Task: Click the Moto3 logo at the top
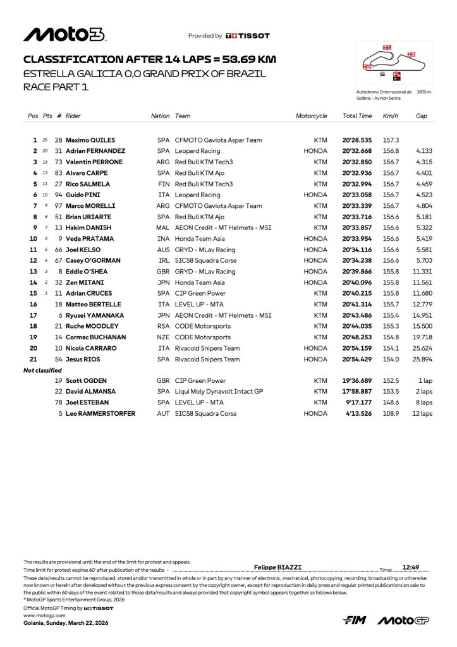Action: [64, 35]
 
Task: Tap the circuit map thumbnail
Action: [394, 64]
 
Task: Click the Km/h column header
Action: [390, 116]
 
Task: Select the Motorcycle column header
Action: [312, 116]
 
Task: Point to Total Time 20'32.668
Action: [357, 151]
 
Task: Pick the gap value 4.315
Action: [423, 162]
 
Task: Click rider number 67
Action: [59, 261]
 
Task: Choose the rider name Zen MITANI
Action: [85, 282]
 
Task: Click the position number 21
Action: [34, 360]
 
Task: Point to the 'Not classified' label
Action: [42, 370]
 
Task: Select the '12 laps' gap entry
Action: [422, 414]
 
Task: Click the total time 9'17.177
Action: [358, 403]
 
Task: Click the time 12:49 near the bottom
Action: [411, 567]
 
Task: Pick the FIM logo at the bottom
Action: [355, 621]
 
